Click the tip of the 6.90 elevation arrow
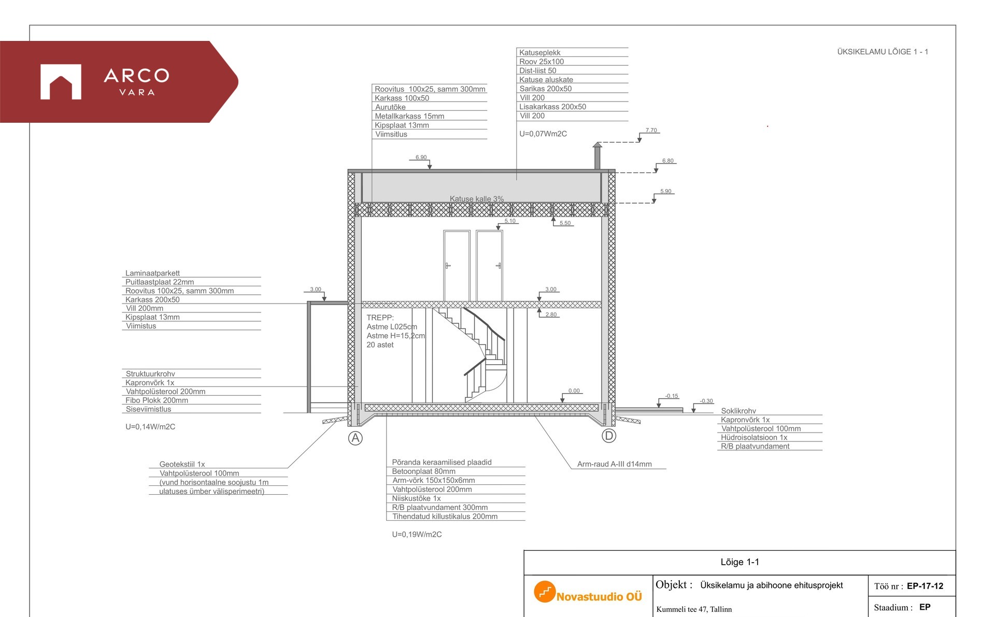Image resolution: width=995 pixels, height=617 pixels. pos(430,169)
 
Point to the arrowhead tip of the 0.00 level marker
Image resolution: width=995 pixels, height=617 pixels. pos(562,403)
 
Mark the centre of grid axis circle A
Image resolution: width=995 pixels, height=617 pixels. pos(355,438)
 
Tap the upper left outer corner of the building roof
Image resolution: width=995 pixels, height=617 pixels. pos(348,169)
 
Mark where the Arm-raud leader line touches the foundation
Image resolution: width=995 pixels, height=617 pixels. pos(535,416)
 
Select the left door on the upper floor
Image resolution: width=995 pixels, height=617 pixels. pos(457,266)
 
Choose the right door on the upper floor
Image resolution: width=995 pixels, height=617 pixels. pos(489,266)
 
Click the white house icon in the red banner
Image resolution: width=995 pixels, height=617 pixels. pos(61,82)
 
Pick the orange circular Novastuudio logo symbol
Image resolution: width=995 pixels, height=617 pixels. pos(545,592)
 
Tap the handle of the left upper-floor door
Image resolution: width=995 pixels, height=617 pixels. pos(448,266)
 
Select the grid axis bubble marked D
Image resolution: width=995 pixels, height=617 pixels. pos(609,436)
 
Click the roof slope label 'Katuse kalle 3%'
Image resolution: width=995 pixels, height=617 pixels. pos(477,199)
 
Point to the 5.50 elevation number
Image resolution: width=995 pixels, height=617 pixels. pos(565,223)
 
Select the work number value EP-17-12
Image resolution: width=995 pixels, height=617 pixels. pos(925,586)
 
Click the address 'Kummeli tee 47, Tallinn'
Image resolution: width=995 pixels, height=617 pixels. pos(694,609)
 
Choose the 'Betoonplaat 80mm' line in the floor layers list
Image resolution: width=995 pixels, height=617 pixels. pos(424,471)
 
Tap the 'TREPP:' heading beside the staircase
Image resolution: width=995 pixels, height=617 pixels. pos(380,318)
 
